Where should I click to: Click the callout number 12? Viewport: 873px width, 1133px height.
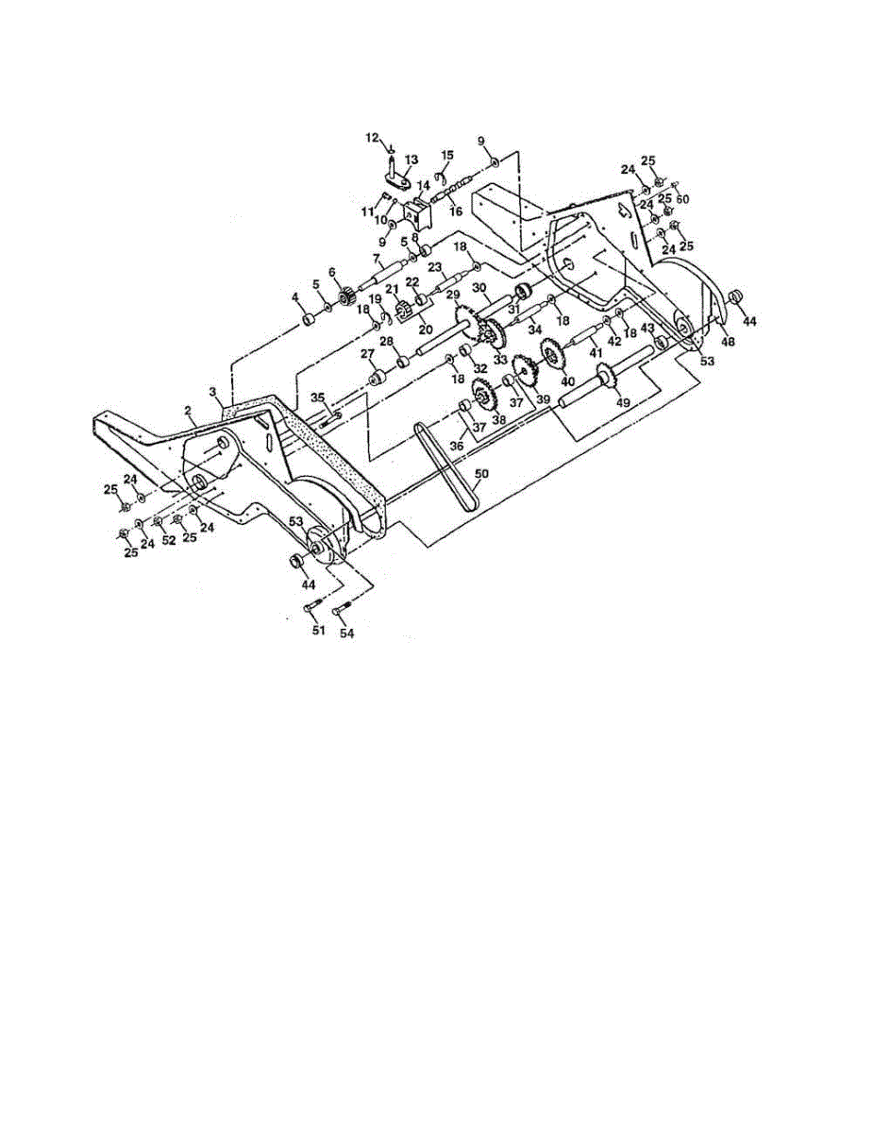[x=372, y=139]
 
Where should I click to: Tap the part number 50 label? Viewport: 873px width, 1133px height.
[x=481, y=472]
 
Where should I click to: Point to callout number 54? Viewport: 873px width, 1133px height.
[x=347, y=634]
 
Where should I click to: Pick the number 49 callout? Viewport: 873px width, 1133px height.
[x=623, y=402]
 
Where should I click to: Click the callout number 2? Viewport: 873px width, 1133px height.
[x=189, y=411]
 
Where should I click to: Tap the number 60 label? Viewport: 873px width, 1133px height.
[x=682, y=199]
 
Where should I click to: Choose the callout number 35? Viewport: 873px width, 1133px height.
[x=318, y=397]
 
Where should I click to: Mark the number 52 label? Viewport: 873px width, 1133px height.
[x=169, y=541]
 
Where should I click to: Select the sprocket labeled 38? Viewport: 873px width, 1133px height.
[x=484, y=397]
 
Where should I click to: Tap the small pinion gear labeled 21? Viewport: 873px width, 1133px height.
[x=400, y=309]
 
